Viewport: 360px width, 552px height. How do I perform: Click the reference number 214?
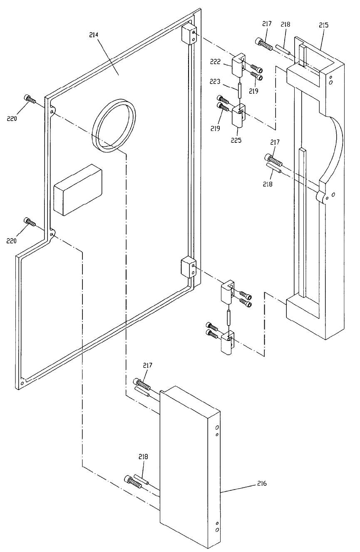point(94,35)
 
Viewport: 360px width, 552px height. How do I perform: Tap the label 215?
point(323,25)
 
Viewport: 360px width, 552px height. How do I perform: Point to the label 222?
point(215,62)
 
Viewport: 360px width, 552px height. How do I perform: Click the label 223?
point(215,81)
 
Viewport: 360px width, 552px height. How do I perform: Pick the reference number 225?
point(236,140)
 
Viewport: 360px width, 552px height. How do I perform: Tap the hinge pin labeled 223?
point(239,90)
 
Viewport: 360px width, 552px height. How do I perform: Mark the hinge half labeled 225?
point(238,116)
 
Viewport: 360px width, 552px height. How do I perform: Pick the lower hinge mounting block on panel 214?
point(189,268)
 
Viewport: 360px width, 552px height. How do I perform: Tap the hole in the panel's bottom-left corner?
point(22,383)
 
